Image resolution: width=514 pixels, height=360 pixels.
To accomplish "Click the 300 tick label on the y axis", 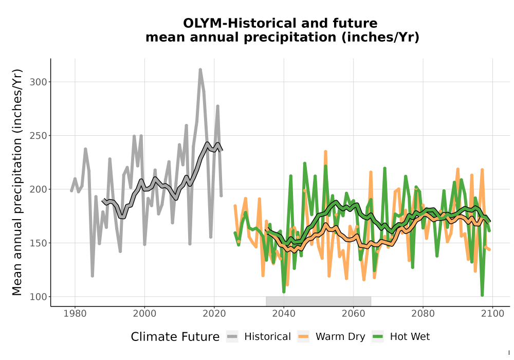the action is (39, 82).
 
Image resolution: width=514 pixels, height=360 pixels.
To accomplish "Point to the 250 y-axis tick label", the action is (39, 135).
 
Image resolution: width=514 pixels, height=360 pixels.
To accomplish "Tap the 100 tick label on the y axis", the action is (39, 297).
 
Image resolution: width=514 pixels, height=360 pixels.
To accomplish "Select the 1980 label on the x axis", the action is (75, 314).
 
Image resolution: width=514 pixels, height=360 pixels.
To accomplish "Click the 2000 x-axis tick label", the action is (144, 314).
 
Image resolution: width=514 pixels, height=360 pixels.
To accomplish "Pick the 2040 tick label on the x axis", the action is (284, 314).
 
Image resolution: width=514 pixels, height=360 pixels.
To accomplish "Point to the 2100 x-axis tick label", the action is (493, 314).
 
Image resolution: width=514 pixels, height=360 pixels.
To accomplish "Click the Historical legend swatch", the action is (232, 336).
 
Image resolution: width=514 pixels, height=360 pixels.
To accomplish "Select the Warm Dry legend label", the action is (340, 337).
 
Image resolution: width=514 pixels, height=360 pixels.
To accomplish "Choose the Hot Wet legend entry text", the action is (410, 337).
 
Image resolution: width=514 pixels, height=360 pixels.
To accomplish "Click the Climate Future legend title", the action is (175, 337).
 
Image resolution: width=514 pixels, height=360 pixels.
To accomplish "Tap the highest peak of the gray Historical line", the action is (200, 69).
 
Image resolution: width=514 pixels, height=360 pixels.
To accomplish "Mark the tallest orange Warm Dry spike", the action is (325, 152).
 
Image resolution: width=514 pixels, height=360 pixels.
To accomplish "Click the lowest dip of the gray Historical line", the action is (93, 276).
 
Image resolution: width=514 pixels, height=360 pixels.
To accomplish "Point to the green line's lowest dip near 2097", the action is (482, 295).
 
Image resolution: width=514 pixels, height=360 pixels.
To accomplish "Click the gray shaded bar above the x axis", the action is (318, 301).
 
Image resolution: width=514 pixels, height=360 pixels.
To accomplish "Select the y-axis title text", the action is (17, 182).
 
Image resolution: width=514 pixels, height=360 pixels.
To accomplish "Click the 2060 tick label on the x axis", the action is (354, 314).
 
